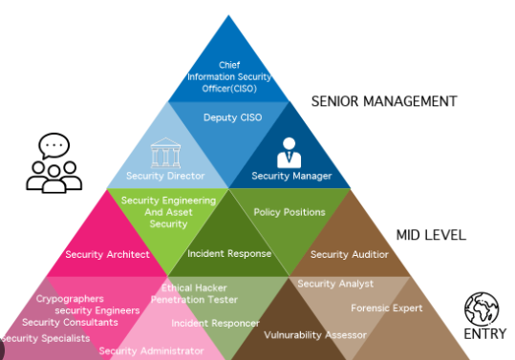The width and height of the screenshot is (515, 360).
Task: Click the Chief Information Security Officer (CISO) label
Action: [228, 78]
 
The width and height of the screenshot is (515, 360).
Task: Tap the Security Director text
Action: [165, 176]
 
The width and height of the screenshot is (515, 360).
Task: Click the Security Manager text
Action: [291, 176]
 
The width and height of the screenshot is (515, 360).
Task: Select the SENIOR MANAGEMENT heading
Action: [384, 101]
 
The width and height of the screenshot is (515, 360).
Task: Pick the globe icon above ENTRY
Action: [482, 308]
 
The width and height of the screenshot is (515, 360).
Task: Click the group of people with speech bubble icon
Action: [54, 164]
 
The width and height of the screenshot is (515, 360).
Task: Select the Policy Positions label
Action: [290, 212]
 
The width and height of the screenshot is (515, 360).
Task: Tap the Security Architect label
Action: [107, 255]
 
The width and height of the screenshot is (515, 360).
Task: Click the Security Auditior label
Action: [350, 255]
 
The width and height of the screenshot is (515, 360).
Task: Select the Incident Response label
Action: [229, 254]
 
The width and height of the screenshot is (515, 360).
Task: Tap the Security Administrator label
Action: [151, 351]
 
